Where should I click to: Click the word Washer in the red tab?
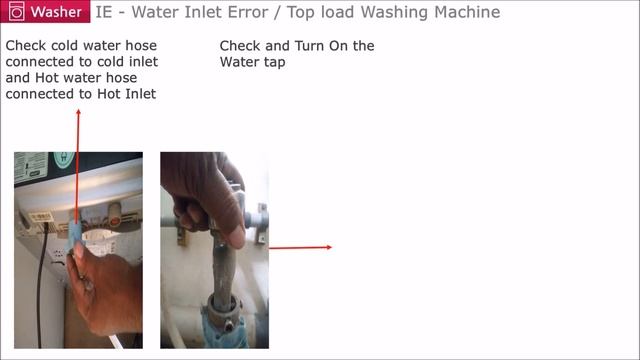coord(57,13)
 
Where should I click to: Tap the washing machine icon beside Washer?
coord(15,13)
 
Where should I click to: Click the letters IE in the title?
coord(105,13)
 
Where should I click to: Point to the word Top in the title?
coord(335,13)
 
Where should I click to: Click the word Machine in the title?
coord(465,13)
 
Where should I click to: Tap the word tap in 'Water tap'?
coord(272,62)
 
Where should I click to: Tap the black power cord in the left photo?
coord(41,290)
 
